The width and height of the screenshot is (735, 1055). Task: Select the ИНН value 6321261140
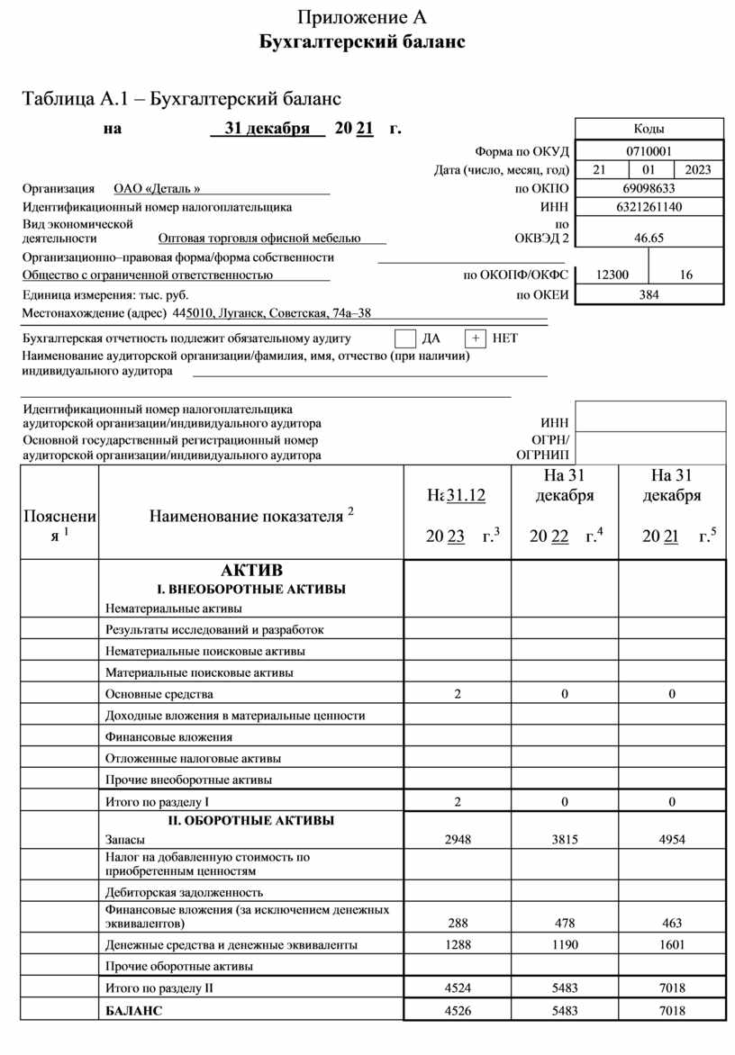point(649,207)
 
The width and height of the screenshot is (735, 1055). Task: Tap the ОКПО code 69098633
point(649,188)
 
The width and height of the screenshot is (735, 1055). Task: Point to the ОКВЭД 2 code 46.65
point(649,239)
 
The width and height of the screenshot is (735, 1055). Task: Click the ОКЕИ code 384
point(649,294)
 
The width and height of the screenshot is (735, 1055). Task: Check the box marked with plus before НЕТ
point(475,338)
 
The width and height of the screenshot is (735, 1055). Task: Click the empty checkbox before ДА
point(405,338)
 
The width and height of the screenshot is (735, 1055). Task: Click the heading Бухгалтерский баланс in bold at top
point(362,42)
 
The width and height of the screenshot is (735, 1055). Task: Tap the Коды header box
point(649,130)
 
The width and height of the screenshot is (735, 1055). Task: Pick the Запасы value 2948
point(458,839)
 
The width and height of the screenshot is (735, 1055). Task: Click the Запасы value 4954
point(672,839)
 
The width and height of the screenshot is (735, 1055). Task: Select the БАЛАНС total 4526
point(458,1011)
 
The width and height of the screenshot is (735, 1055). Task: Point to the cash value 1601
point(672,945)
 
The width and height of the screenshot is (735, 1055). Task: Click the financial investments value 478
point(565,924)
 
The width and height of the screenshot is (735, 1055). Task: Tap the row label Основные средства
point(159,694)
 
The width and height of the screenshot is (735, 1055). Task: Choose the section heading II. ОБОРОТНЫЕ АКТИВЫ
point(250,821)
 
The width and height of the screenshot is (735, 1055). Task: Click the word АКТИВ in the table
point(251,571)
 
